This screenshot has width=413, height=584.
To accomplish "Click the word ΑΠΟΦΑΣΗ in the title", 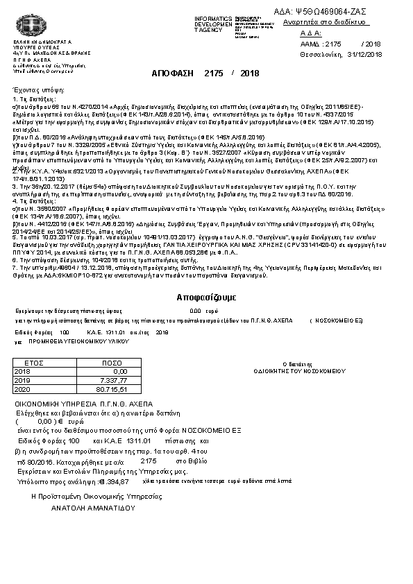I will [x=174, y=72].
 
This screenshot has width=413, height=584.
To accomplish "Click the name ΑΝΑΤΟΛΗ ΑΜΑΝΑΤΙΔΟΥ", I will [x=91, y=507].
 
